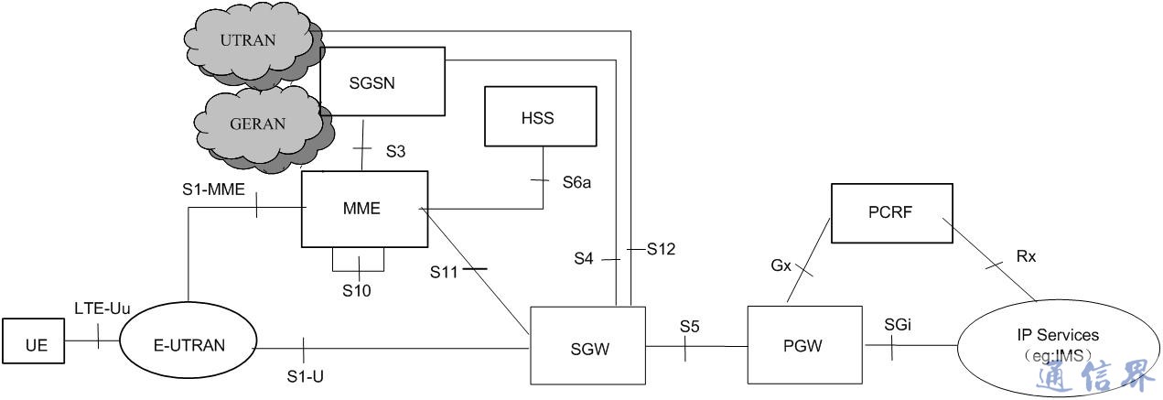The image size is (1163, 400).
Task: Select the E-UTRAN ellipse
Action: (187, 345)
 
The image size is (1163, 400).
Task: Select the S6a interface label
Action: (576, 182)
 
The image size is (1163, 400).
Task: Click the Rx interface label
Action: (1027, 257)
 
